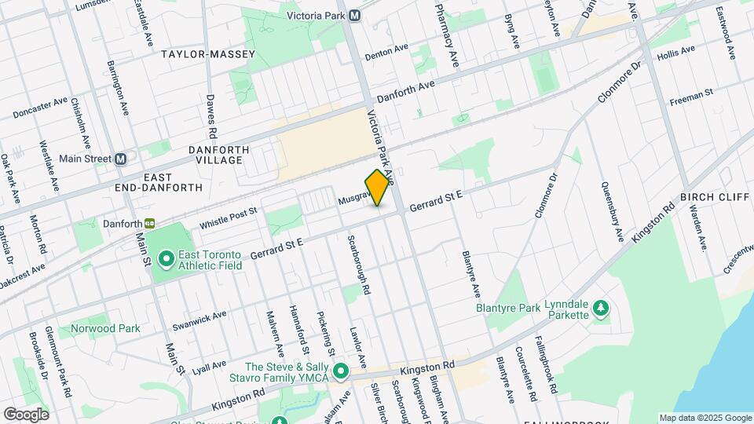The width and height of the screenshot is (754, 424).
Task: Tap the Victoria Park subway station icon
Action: (x=355, y=15)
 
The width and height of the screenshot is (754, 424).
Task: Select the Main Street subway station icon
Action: (x=120, y=159)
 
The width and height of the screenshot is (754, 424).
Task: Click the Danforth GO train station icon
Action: (x=148, y=224)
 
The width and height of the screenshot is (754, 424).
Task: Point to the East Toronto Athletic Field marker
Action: (x=166, y=258)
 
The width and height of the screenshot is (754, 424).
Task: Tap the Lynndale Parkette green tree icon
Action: (x=601, y=307)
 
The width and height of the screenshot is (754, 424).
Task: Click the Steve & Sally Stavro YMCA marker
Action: (x=340, y=370)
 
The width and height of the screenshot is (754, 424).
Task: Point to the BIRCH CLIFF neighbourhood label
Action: (x=715, y=196)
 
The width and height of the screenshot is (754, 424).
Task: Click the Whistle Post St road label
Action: (x=228, y=219)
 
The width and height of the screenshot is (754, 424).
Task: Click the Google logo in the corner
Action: (x=26, y=414)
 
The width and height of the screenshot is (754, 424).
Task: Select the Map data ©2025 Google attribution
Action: (x=705, y=418)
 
